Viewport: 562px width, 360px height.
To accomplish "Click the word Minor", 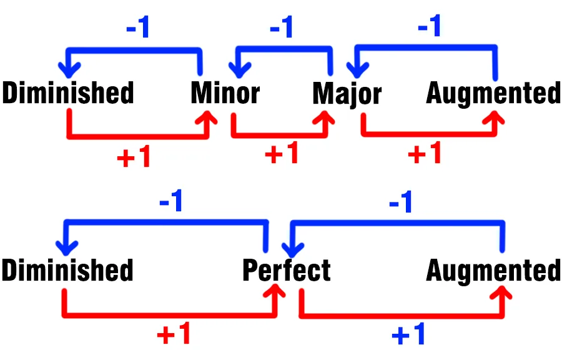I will click(x=225, y=93).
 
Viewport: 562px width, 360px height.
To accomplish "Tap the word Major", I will click(x=347, y=94).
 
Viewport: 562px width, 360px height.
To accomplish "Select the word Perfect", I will click(x=286, y=271).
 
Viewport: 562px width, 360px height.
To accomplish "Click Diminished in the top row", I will click(x=68, y=93).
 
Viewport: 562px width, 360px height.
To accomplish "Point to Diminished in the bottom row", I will click(x=67, y=271).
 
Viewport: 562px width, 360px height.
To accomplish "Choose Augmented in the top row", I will click(x=493, y=94).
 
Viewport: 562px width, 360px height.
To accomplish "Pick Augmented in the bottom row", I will click(x=493, y=271).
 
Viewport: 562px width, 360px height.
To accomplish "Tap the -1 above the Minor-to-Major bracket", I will click(x=281, y=29).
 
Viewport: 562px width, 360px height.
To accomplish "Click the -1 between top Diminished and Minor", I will click(x=137, y=29).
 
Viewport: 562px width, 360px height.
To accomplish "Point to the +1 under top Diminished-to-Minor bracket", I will click(x=134, y=157).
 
